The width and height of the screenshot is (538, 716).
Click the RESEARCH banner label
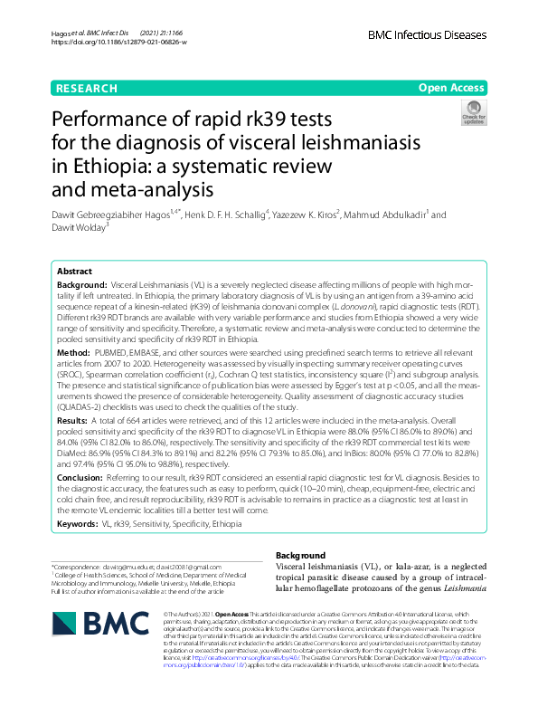tap(86, 88)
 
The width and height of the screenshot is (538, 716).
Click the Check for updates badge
tap(474, 115)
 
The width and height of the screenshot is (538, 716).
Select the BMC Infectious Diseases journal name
tap(427, 34)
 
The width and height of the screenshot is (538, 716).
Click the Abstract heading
tap(74, 271)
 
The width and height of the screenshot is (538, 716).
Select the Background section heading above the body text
tap(300, 555)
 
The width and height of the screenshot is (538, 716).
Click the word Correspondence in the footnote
tap(80, 565)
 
